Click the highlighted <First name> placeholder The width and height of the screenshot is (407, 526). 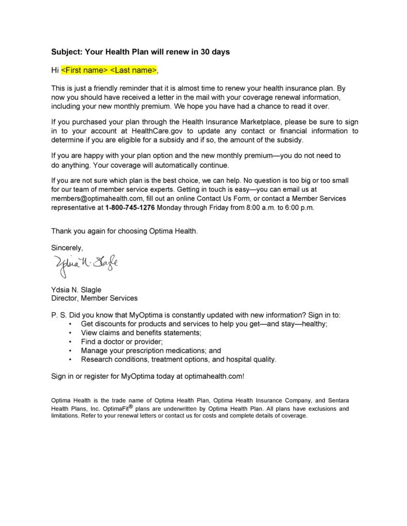pyautogui.click(x=84, y=69)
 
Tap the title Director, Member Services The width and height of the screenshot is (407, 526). pyautogui.click(x=94, y=298)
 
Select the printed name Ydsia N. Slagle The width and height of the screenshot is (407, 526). pyautogui.click(x=76, y=289)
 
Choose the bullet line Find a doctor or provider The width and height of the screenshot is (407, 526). pyautogui.click(x=122, y=341)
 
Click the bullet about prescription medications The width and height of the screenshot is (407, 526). pyautogui.click(x=151, y=350)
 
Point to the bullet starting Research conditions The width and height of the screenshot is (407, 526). pyautogui.click(x=179, y=359)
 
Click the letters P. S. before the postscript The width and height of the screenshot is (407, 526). pyautogui.click(x=58, y=314)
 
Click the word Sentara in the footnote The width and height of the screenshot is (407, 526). pyautogui.click(x=336, y=399)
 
